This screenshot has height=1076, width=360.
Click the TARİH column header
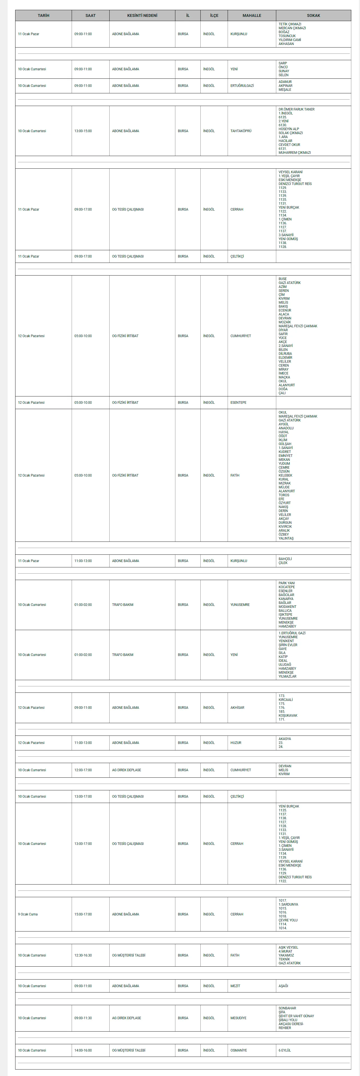click(44, 15)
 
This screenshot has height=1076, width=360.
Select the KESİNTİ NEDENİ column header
click(142, 15)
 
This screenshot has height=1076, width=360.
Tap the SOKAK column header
click(313, 15)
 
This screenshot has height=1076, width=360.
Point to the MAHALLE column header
click(252, 15)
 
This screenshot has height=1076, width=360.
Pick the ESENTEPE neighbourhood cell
click(239, 403)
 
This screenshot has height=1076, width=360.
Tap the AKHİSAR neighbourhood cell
click(237, 708)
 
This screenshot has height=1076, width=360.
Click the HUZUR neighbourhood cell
click(236, 743)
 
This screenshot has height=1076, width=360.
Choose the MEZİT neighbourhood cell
click(235, 986)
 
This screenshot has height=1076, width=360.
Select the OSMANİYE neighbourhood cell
click(239, 1050)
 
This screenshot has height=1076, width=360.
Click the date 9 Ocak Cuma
click(28, 914)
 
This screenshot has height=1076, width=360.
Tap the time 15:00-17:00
click(83, 914)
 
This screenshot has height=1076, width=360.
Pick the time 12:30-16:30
click(83, 955)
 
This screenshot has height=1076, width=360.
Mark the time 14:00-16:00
click(83, 1050)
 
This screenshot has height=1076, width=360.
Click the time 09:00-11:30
click(83, 1018)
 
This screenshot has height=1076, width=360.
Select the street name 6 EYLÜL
click(285, 1050)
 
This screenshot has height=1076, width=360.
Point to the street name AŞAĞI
click(283, 986)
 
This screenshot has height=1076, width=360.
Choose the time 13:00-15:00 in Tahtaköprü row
click(83, 131)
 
